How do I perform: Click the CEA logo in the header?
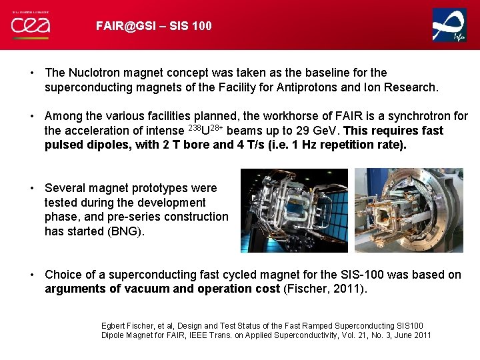pyautogui.click(x=30, y=25)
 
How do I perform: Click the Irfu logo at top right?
pyautogui.click(x=449, y=25)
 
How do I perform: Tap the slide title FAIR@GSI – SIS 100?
pyautogui.click(x=154, y=26)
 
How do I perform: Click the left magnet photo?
pyautogui.click(x=294, y=210)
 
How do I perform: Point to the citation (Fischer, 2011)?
pyautogui.click(x=325, y=289)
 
